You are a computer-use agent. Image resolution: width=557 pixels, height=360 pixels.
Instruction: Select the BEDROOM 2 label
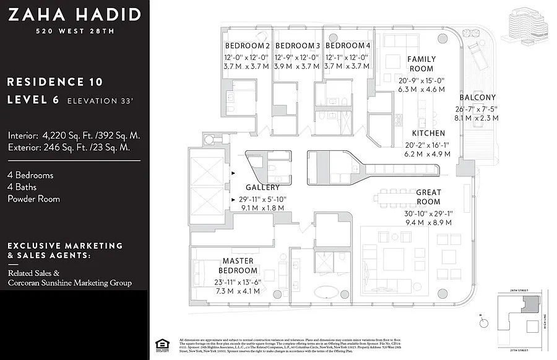(x=247, y=46)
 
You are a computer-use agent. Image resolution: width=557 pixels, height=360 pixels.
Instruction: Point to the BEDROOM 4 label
(x=348, y=46)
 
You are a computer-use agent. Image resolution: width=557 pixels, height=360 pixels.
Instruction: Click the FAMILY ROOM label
(x=421, y=64)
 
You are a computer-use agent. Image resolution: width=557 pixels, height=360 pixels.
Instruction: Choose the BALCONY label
(x=477, y=98)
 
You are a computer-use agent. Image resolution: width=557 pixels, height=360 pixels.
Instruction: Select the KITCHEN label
(x=428, y=134)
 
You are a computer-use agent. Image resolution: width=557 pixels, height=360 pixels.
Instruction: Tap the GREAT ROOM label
(x=428, y=197)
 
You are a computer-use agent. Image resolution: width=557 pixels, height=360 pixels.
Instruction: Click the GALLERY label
(x=262, y=187)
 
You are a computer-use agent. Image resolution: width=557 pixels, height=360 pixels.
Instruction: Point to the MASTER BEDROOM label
(x=238, y=266)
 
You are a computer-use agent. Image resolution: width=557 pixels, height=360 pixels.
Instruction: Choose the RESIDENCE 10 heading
(x=54, y=82)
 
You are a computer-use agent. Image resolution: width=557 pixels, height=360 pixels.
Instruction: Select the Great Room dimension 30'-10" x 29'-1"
(x=428, y=213)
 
